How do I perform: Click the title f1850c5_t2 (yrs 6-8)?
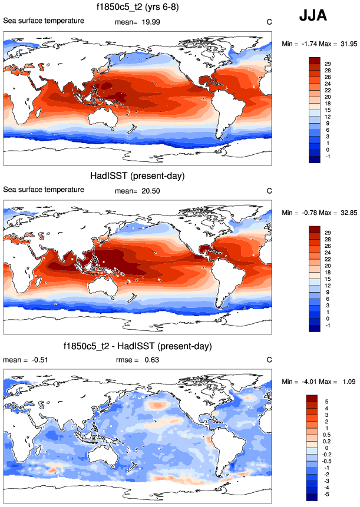137,8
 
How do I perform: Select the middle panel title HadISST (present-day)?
137,176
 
